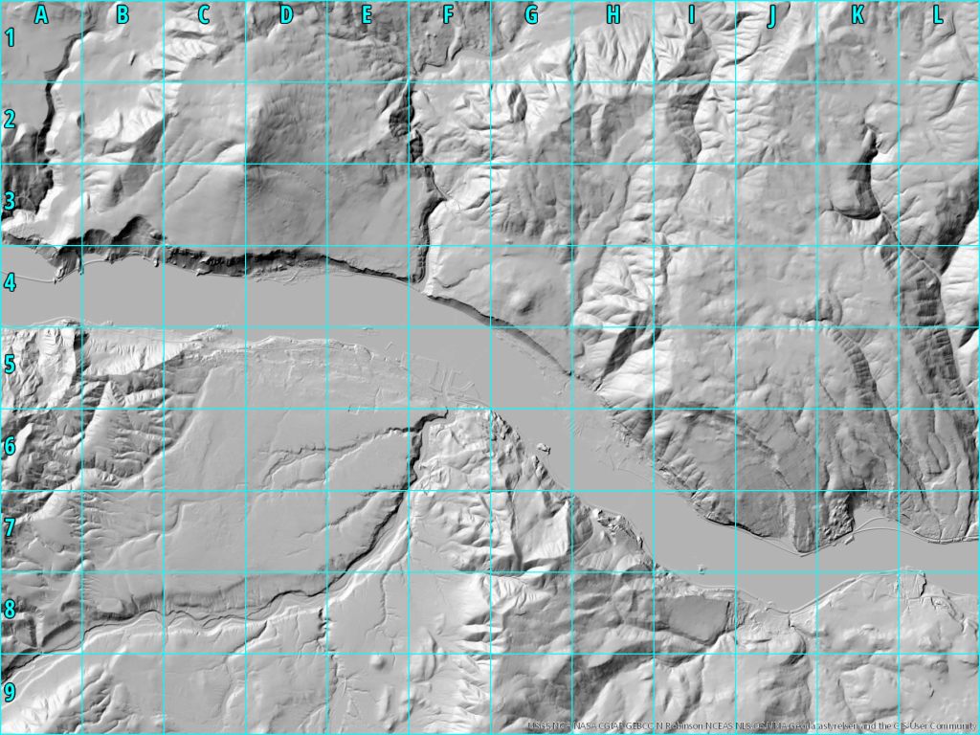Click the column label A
pos(41,14)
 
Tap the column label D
pos(286,14)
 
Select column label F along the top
pos(449,14)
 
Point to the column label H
pos(612,14)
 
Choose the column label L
pos(938,14)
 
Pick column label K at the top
pos(857,14)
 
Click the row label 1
pos(11,38)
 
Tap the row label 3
pos(11,202)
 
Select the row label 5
pos(11,365)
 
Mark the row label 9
pos(11,692)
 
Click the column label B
pos(122,14)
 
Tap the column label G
pos(531,14)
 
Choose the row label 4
pos(11,283)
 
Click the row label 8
pos(11,610)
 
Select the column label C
pos(204,14)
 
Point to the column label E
pos(367,14)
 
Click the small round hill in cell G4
pos(523,302)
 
